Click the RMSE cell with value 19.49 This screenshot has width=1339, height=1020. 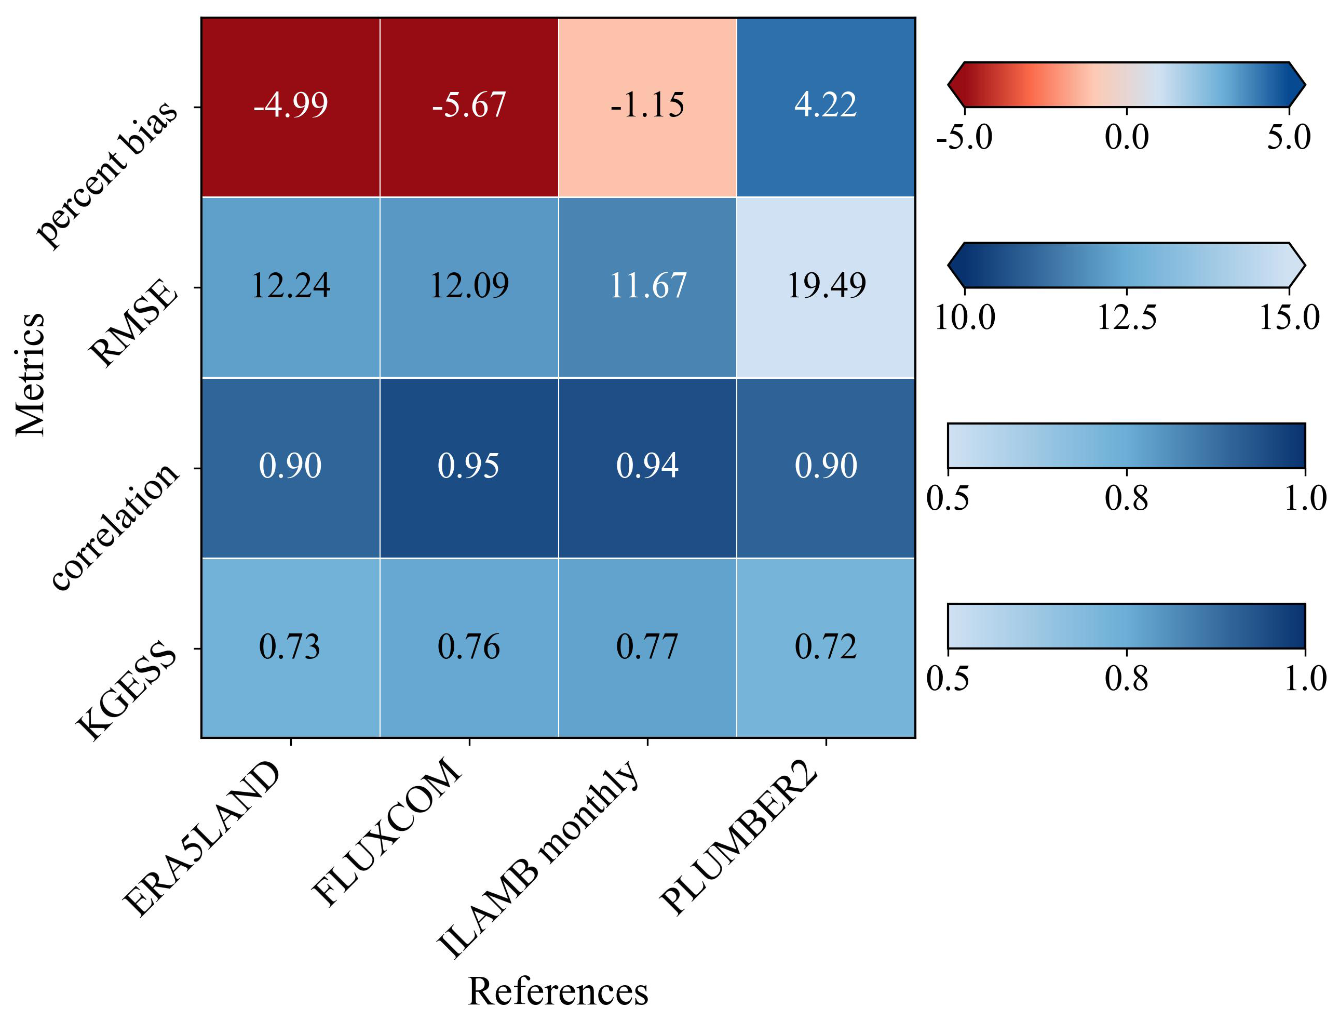tap(826, 286)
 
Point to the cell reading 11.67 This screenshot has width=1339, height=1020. tap(647, 286)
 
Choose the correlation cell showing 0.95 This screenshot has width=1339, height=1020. tap(469, 466)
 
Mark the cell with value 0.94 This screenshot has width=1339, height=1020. tap(647, 466)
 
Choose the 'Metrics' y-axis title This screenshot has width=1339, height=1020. tap(30, 375)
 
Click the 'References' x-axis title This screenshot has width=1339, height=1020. tap(558, 992)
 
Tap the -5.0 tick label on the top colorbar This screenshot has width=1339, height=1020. tap(964, 137)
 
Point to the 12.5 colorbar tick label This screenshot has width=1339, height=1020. tap(1127, 317)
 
